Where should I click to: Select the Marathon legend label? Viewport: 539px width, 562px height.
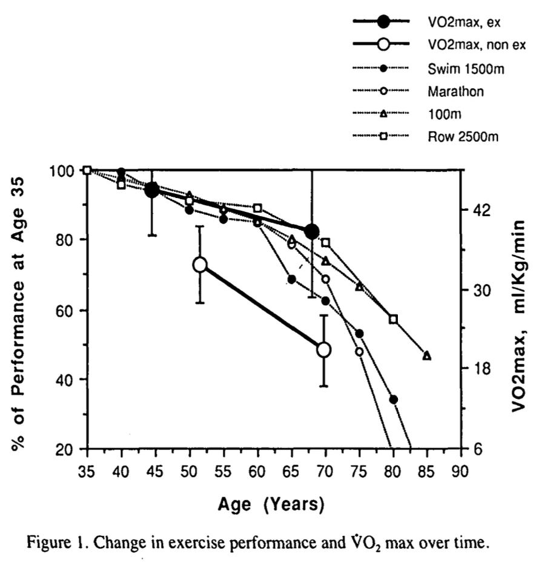click(x=455, y=91)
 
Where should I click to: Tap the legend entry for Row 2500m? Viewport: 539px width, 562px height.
click(x=463, y=136)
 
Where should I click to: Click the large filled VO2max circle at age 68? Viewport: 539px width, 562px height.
click(x=312, y=232)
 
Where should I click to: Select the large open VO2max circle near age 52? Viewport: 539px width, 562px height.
click(x=200, y=265)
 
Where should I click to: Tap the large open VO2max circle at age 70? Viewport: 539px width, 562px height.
click(x=324, y=350)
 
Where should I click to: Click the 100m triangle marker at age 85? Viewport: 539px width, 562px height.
click(x=427, y=355)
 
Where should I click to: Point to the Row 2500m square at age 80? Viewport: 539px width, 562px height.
click(x=393, y=319)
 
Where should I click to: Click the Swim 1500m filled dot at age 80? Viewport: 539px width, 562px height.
click(x=393, y=399)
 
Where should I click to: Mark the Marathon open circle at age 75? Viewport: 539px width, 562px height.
click(x=359, y=352)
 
